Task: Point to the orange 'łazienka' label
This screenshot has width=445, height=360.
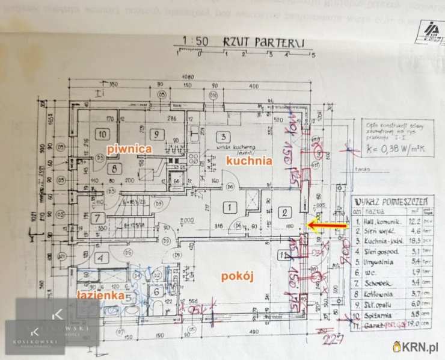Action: [100, 296]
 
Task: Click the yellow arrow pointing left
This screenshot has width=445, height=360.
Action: [327, 225]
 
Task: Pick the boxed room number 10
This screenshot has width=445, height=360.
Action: [103, 134]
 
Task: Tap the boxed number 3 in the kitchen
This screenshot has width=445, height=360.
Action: [222, 137]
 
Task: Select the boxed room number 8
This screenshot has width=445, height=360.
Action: [115, 169]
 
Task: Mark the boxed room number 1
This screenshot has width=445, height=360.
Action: [229, 208]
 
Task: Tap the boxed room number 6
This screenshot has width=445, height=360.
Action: [155, 292]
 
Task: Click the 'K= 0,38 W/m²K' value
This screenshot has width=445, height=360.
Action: [397, 146]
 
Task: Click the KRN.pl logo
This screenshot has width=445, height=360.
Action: [416, 346]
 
